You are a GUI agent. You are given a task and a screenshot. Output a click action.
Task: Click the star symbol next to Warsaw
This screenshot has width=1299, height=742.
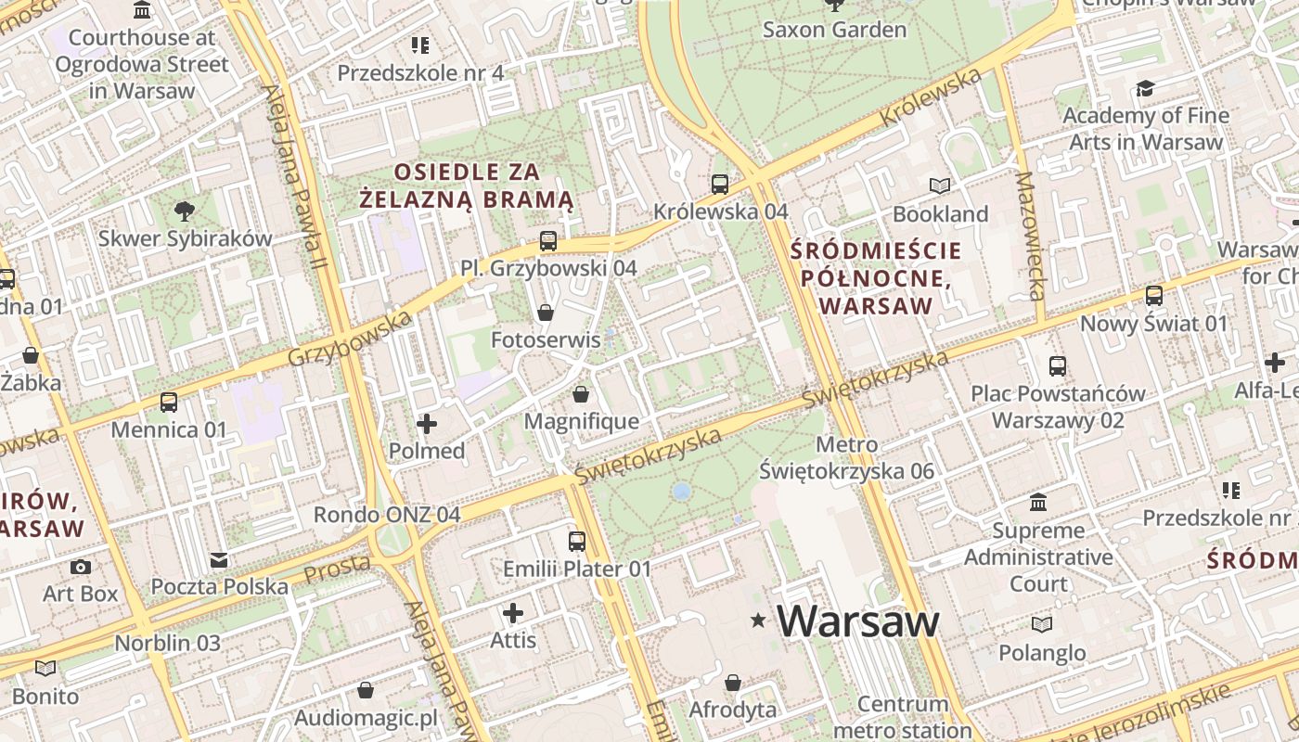tap(759, 620)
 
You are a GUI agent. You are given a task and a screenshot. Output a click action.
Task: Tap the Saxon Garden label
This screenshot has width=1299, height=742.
tap(834, 30)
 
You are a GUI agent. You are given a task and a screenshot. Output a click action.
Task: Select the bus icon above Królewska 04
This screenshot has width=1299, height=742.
tap(720, 184)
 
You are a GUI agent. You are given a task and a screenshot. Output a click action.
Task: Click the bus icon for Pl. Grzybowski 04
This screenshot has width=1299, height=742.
tap(548, 241)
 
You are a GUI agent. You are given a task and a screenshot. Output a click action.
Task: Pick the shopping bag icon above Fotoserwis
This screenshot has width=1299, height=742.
tap(546, 313)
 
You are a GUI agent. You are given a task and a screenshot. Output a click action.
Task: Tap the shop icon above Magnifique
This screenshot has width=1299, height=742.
tap(581, 394)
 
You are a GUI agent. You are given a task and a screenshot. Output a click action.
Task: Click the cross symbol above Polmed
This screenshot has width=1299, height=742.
tap(427, 424)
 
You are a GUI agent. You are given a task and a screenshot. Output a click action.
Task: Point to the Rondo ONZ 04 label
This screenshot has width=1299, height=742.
tap(387, 515)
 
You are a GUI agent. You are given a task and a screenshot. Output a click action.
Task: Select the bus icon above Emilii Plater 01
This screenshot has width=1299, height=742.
tap(577, 541)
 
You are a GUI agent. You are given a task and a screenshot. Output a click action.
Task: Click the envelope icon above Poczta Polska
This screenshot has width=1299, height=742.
tap(219, 559)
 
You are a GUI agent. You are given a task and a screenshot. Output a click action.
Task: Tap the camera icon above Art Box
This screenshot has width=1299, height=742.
tap(81, 567)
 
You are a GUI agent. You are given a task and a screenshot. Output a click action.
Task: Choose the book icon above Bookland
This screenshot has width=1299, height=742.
tap(940, 186)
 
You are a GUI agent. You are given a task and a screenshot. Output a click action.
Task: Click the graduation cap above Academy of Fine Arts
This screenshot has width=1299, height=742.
tap(1145, 88)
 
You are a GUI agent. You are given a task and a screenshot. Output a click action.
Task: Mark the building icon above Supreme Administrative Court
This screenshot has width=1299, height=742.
tap(1038, 503)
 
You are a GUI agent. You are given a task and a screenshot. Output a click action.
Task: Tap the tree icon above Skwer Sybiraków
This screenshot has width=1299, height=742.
tap(185, 211)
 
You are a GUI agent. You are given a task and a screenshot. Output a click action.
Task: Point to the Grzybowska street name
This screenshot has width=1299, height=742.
tap(349, 339)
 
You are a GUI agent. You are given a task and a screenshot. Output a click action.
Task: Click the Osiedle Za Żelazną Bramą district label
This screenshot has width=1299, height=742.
tap(467, 185)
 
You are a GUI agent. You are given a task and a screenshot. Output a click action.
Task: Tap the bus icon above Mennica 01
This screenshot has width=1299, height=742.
tap(169, 403)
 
